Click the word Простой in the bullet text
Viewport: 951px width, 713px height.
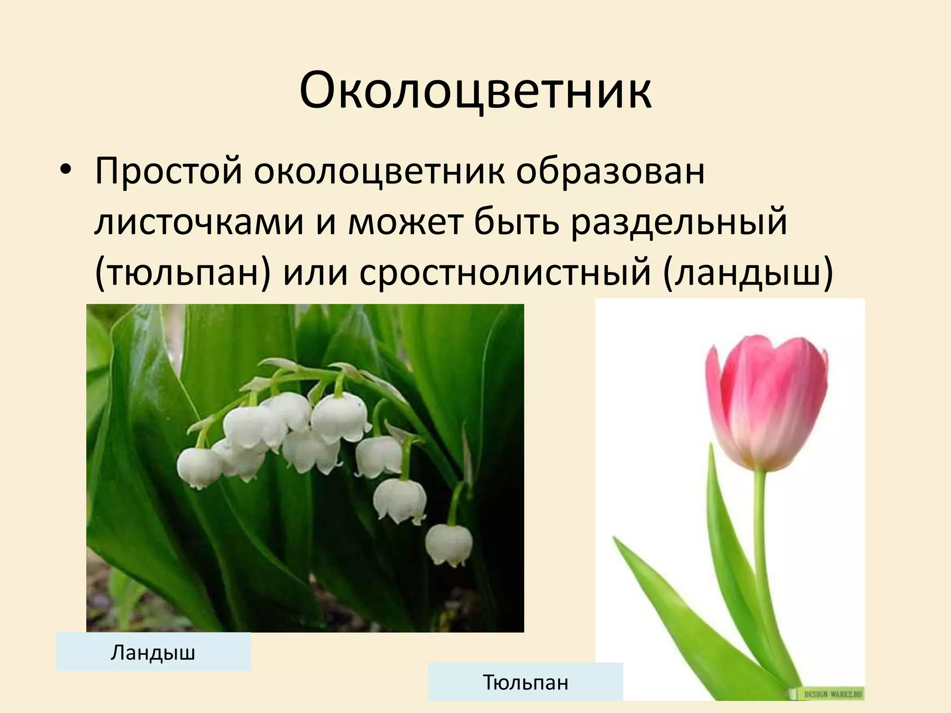click(x=168, y=171)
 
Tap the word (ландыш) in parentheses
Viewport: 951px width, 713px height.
click(x=748, y=274)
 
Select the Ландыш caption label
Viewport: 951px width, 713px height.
click(x=153, y=652)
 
